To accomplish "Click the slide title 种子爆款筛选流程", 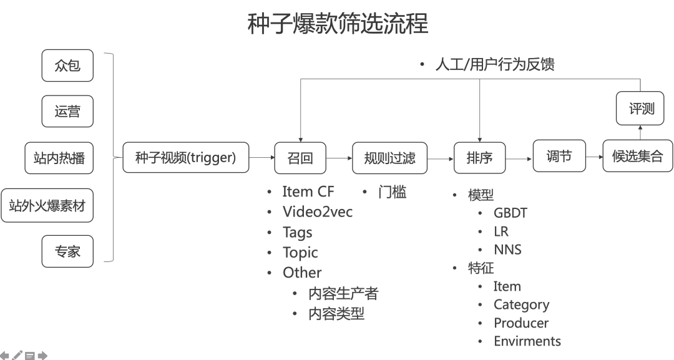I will pos(338,24).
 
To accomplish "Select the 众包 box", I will pos(67,66).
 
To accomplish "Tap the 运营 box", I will pos(67,112).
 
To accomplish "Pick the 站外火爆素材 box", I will pos(47,205).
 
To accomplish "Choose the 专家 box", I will pos(67,251).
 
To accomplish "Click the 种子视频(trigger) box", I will pos(186,158).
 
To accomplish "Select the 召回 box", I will pos(300,158).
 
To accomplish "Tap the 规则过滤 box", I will pos(389,158).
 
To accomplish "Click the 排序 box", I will pos(479,158).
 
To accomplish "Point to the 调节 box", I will pos(559,156).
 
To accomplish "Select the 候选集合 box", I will pos(638,156).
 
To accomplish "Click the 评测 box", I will pos(642,108).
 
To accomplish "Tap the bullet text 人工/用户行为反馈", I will pos(494,65).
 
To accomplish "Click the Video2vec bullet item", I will pos(317,212).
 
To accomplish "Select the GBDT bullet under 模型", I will pos(510,213).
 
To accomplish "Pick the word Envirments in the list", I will pos(527,341).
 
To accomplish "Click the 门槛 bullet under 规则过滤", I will pos(392,192).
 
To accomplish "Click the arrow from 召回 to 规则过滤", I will pos(339,158).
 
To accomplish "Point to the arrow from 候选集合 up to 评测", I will pos(641,132).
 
